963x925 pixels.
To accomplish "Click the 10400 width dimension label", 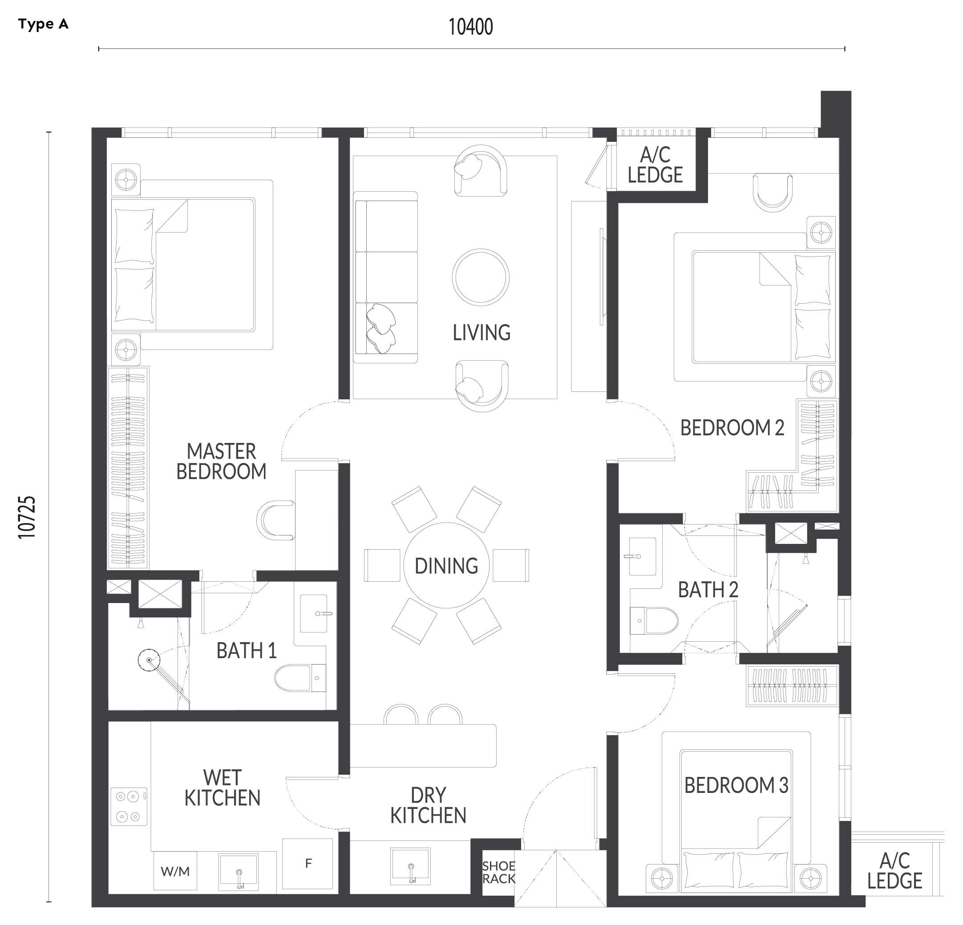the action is [x=471, y=27].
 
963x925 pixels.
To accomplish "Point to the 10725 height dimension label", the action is [x=27, y=517].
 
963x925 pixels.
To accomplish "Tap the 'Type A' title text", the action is [x=43, y=24].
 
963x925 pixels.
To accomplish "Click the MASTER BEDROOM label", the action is [x=221, y=462].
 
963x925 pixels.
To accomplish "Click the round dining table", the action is [x=446, y=565].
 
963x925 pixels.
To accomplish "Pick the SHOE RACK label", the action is [x=498, y=872].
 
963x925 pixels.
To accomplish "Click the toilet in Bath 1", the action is [x=299, y=678].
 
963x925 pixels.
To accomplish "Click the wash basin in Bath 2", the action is [x=643, y=556].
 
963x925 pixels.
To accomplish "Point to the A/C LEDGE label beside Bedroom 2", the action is [x=655, y=165].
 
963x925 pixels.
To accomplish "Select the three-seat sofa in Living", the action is [x=386, y=277].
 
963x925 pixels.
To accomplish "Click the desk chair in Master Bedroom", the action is [x=275, y=520].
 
